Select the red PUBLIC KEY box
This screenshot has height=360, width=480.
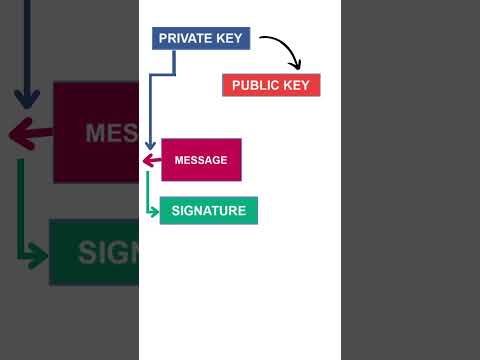pos(271,85)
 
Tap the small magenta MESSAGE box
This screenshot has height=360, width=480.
pos(201,160)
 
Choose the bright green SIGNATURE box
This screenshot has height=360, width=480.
pos(208,210)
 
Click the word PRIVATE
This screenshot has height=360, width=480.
pos(184,38)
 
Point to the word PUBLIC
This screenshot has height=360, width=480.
pos(255,85)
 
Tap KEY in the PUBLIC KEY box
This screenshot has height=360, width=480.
pos(296,85)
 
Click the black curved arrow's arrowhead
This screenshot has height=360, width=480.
pos(295,66)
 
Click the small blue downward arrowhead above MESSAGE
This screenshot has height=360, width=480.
pos(149,146)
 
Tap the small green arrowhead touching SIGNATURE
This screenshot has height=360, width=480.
pos(154,210)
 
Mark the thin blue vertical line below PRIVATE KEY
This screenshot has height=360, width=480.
pos(149,110)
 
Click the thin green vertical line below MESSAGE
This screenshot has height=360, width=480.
pos(147,190)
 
